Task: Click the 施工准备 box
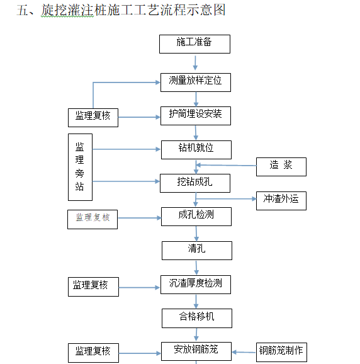pos(194,43)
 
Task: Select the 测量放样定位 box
pos(195,82)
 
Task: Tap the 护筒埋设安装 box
pos(195,115)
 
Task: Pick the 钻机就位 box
pos(196,149)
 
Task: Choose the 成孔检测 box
pos(196,216)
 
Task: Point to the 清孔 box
pos(196,250)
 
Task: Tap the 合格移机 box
pos(196,317)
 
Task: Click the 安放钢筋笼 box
pos(195,351)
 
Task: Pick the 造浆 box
pos(281,166)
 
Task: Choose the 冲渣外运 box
pos(281,200)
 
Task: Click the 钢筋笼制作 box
pos(281,351)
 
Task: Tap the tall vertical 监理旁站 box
pos(80,167)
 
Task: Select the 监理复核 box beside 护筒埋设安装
pos(93,117)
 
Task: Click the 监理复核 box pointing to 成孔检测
pos(93,219)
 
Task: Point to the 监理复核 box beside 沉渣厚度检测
pos(93,286)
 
